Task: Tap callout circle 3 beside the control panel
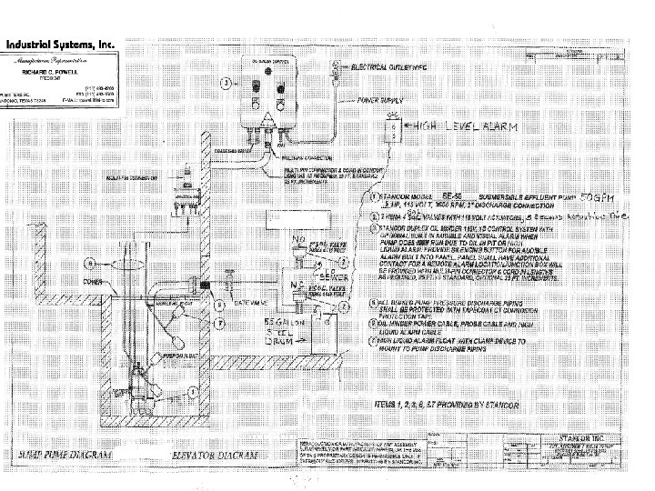(224, 83)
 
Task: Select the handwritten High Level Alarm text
(464, 126)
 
